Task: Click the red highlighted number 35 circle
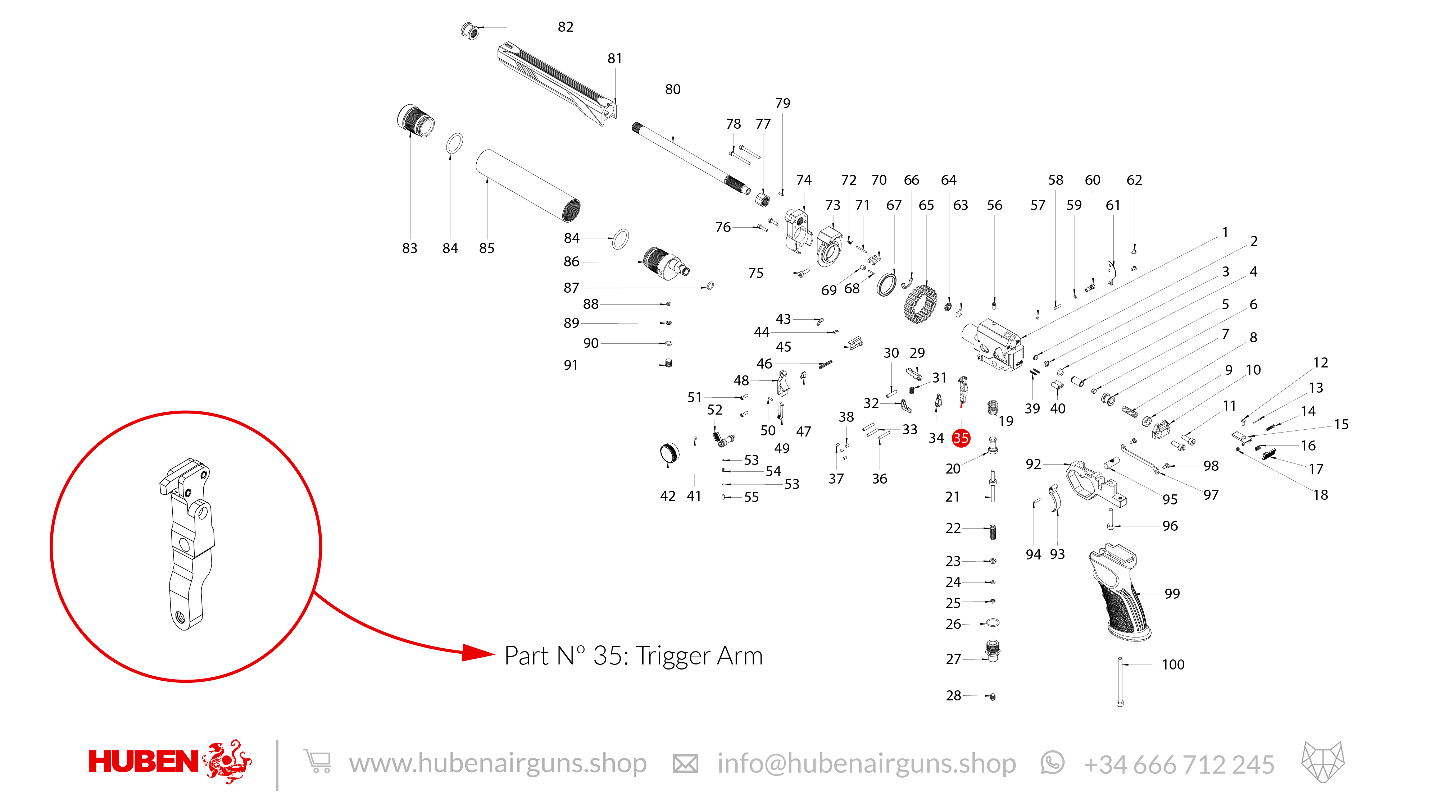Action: click(961, 438)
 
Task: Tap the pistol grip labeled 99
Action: click(1117, 595)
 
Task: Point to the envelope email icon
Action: click(685, 763)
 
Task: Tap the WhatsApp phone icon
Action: click(1052, 763)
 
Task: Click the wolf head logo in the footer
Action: click(1323, 762)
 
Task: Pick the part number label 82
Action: click(565, 27)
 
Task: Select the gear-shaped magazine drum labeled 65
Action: click(921, 304)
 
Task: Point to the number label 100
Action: click(1173, 664)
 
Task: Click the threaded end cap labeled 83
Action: click(416, 120)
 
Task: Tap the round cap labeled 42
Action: click(669, 453)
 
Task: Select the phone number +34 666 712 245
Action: click(1179, 764)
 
